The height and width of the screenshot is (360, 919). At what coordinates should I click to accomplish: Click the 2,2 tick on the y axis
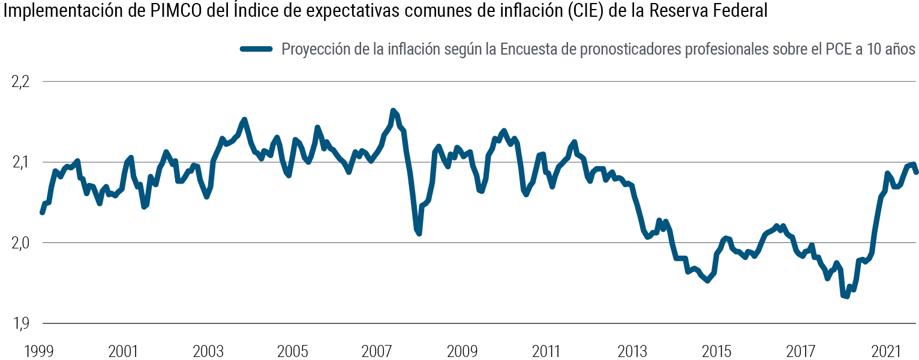(x=20, y=82)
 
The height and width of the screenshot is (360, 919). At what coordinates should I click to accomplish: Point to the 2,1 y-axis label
(x=20, y=163)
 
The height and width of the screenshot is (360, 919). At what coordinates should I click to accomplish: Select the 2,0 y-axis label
(x=20, y=243)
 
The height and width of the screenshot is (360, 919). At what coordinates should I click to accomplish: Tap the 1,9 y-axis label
(x=20, y=324)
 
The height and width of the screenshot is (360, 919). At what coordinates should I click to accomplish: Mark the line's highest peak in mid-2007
(x=393, y=111)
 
